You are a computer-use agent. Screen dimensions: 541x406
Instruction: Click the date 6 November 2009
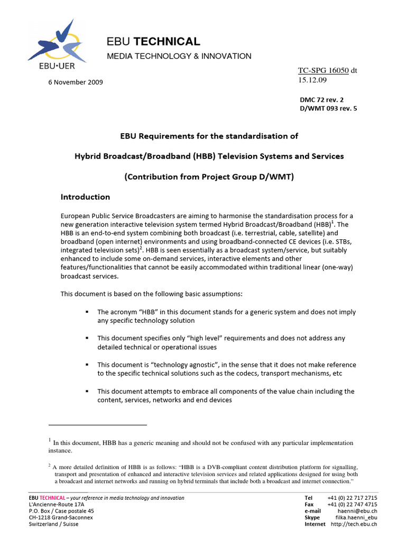(72, 82)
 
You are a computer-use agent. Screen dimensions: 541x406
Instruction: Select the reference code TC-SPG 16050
(323, 70)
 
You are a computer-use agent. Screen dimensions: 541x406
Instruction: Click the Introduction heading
(85, 197)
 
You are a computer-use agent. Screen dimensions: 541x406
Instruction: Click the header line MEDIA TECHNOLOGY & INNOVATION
(179, 56)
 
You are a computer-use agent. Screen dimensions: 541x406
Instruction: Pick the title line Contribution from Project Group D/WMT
(209, 177)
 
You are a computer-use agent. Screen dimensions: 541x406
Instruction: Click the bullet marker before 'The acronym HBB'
(86, 312)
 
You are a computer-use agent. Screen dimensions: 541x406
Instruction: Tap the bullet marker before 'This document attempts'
(86, 391)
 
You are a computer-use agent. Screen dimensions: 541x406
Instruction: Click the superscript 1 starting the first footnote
(49, 440)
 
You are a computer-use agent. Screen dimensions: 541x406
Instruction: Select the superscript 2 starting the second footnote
(49, 465)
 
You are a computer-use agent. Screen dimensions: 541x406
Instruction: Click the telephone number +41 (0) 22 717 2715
(352, 498)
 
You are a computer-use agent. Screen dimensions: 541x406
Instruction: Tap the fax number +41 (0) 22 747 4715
(352, 505)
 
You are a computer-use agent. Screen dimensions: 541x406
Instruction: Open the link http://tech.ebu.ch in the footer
(354, 524)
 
